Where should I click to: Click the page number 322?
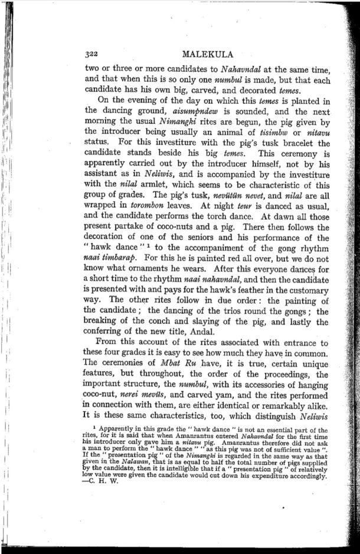tap(92, 55)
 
